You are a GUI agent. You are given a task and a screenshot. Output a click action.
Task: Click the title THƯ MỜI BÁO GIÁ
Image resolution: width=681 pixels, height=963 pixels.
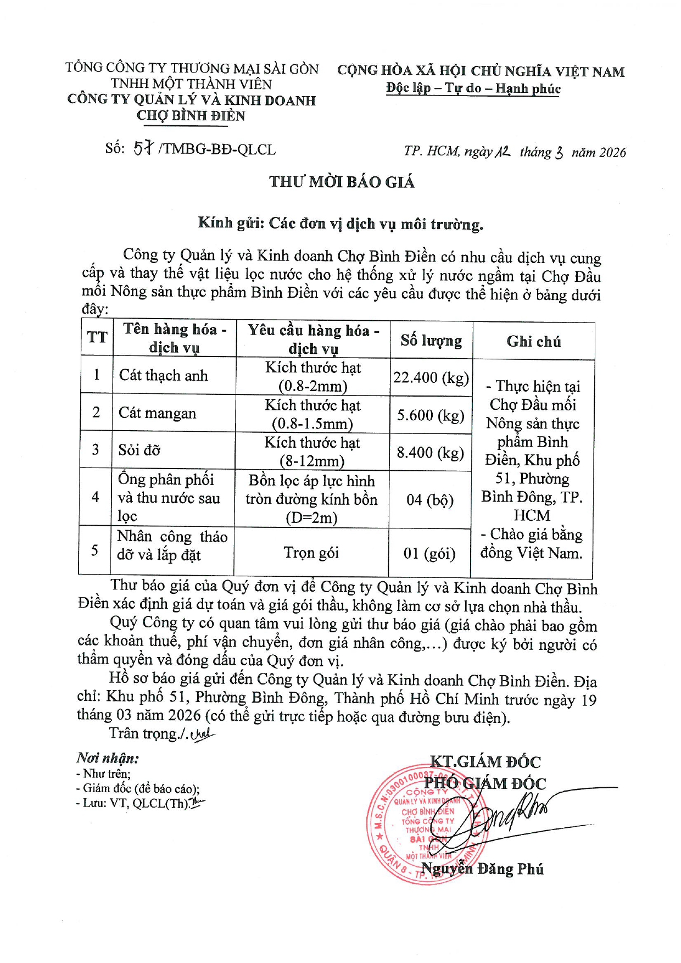click(x=342, y=182)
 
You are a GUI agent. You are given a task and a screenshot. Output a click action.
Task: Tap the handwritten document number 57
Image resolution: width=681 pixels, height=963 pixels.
click(x=143, y=148)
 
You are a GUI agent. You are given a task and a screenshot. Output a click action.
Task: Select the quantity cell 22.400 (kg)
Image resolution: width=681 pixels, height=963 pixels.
click(x=431, y=377)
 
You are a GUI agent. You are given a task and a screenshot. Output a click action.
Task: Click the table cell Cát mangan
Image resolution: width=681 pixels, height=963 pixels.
click(x=158, y=413)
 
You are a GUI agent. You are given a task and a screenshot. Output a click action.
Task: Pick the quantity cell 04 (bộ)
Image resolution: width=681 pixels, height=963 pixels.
click(x=430, y=500)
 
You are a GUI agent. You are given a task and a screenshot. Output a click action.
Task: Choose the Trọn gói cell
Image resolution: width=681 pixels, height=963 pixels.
click(x=311, y=553)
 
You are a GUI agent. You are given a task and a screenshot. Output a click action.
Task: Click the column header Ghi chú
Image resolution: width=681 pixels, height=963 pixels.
click(x=533, y=342)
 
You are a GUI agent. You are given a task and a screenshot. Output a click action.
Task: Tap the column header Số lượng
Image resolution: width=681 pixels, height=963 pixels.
click(x=431, y=341)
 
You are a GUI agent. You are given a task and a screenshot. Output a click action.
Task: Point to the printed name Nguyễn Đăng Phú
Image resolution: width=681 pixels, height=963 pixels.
click(x=482, y=869)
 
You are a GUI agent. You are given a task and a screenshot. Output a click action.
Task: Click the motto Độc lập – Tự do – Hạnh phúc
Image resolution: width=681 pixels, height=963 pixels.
click(x=473, y=88)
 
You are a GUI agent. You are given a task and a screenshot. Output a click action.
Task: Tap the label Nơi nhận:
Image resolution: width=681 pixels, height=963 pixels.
click(x=108, y=758)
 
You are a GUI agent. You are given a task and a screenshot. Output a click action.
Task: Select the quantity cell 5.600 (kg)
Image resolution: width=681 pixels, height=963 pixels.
click(x=431, y=415)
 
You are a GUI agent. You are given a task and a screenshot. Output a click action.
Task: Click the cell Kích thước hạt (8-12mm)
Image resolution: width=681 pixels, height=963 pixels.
click(x=312, y=452)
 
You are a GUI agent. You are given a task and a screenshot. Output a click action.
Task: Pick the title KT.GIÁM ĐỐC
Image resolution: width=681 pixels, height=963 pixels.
click(x=485, y=762)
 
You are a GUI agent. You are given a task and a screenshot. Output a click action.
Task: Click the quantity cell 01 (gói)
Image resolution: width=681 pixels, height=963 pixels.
click(x=429, y=553)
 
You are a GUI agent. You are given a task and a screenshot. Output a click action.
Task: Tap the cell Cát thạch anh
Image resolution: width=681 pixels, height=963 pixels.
click(x=163, y=376)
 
